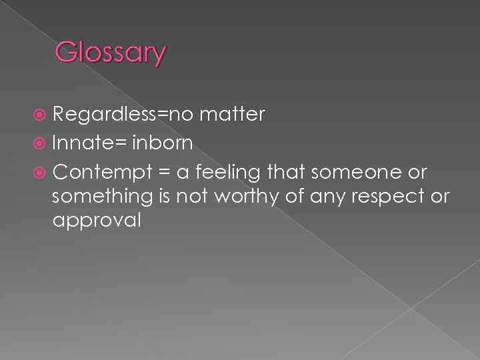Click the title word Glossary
click(110, 53)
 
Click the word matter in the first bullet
click(233, 115)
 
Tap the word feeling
click(228, 172)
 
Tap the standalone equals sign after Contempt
click(163, 173)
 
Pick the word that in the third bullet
click(285, 172)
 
